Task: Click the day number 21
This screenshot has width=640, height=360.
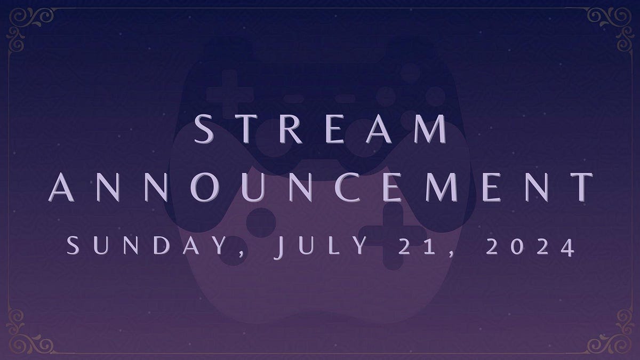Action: click(x=426, y=247)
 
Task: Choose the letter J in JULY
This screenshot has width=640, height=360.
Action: click(x=279, y=248)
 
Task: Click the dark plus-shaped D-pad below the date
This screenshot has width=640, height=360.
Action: click(x=393, y=235)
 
